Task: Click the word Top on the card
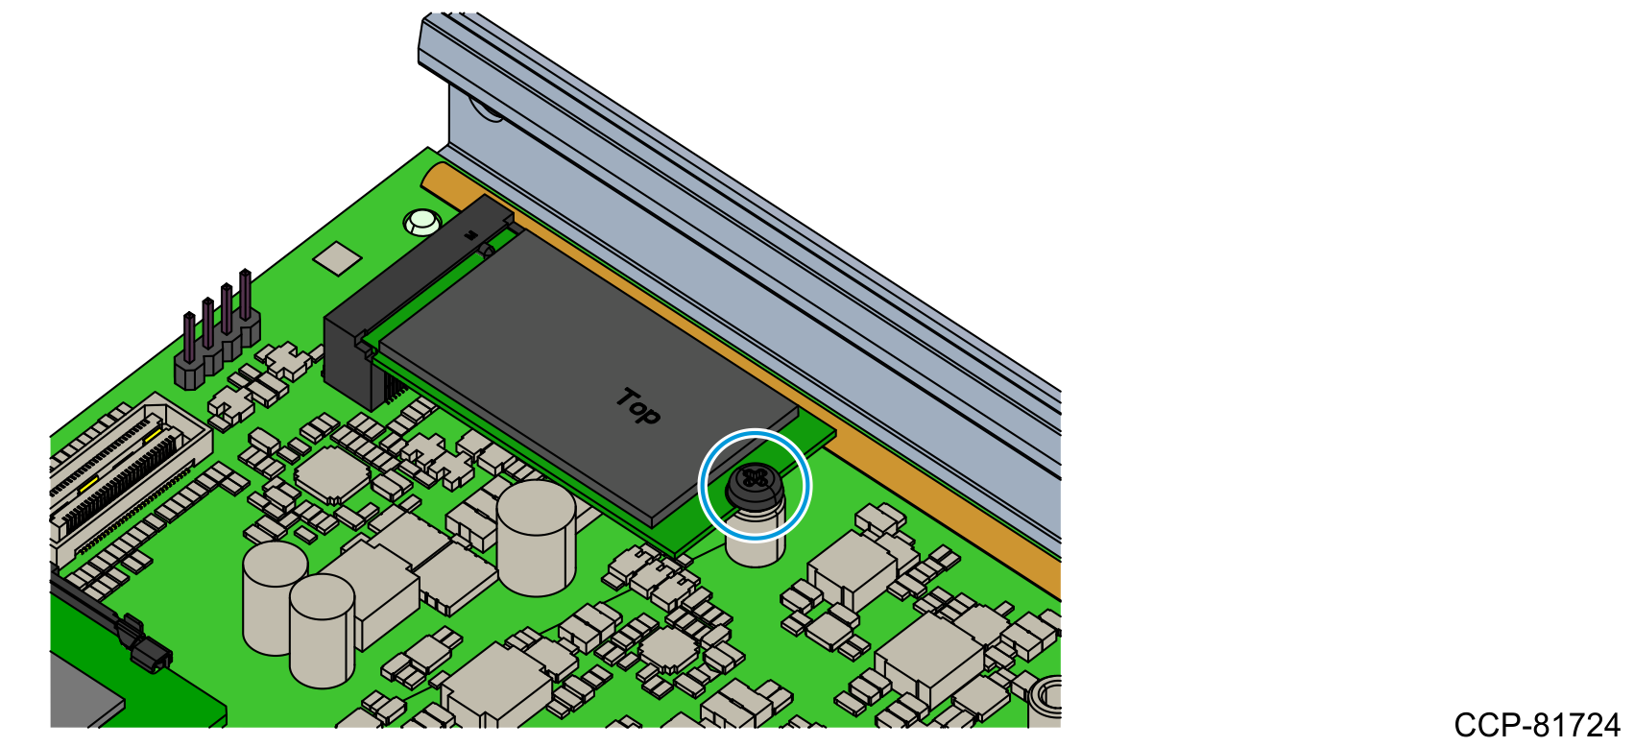point(638,407)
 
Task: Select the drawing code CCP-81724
point(1537,726)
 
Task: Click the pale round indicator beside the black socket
point(422,222)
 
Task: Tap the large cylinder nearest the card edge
point(537,539)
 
